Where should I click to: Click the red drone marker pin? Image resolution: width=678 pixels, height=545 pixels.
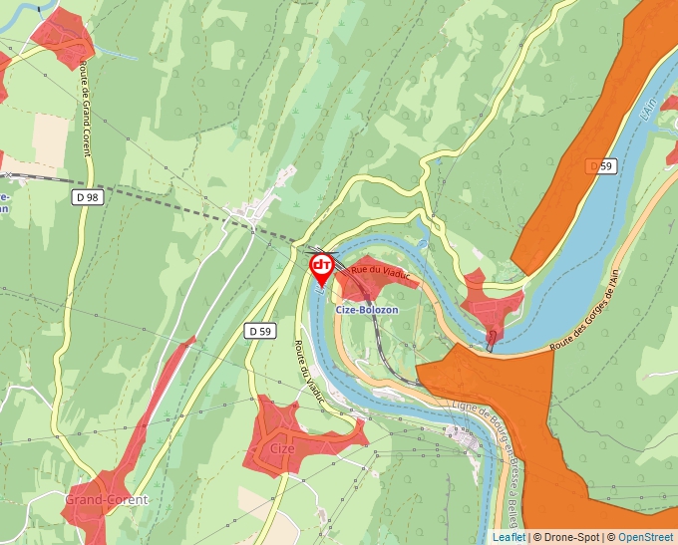(322, 268)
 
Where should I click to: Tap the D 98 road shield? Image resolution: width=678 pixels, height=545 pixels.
(88, 197)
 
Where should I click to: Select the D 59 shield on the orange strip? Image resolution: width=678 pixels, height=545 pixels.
(600, 165)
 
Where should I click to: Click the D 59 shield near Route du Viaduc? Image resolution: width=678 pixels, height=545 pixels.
(260, 330)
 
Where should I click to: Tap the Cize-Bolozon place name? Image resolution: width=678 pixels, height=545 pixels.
(367, 310)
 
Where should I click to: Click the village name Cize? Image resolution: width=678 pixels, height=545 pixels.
(282, 447)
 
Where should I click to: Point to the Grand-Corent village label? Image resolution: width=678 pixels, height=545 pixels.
(106, 499)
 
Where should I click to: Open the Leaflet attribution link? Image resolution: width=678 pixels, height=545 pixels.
(508, 537)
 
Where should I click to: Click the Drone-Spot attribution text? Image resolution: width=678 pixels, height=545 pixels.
(568, 537)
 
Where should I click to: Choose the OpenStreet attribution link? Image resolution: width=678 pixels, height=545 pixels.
(646, 537)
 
